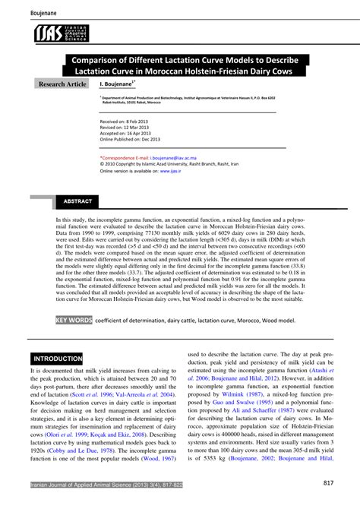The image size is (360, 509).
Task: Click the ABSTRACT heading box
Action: click(x=77, y=201)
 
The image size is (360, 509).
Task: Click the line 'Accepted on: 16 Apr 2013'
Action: click(x=128, y=133)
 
